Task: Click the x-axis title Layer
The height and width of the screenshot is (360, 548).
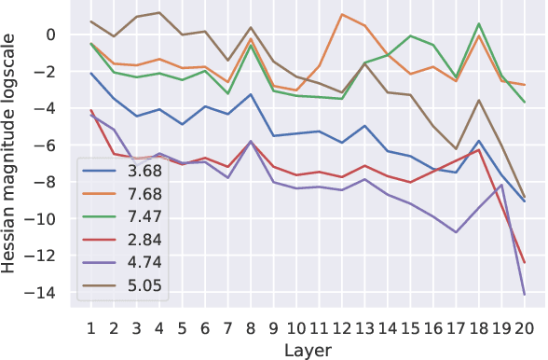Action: pyautogui.click(x=308, y=348)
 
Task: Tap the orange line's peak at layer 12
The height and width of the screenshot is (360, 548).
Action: pyautogui.click(x=342, y=15)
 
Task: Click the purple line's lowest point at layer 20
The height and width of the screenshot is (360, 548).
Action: pyautogui.click(x=525, y=295)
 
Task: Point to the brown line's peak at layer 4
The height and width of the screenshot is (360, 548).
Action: pyautogui.click(x=159, y=13)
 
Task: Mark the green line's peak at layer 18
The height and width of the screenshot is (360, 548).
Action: pyautogui.click(x=479, y=24)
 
